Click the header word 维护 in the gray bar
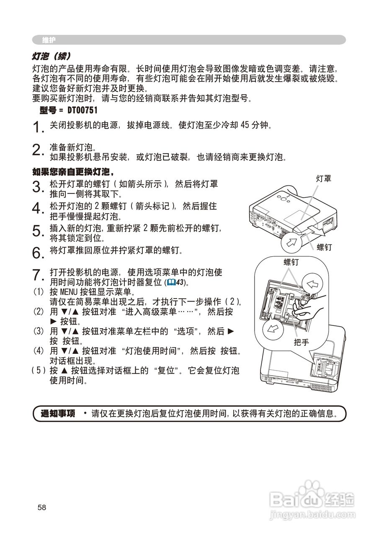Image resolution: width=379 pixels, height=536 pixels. click(x=49, y=40)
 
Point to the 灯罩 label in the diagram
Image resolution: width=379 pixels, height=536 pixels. click(x=323, y=179)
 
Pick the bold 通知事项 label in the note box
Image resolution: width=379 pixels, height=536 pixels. click(x=58, y=414)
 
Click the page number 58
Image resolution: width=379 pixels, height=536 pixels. click(x=41, y=508)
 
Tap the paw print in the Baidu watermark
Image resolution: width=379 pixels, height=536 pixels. click(x=310, y=488)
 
